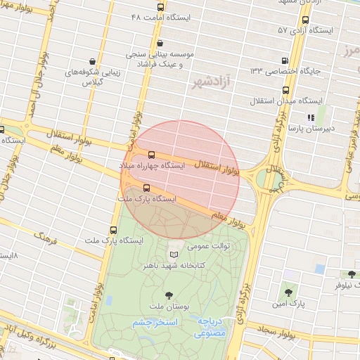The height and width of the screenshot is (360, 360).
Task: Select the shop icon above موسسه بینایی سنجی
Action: click(160, 43)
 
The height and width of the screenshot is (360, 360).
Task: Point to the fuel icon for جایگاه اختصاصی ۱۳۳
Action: click(285, 60)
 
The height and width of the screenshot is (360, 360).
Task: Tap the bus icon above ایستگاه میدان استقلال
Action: click(286, 90)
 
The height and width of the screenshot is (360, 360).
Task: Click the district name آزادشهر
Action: click(214, 82)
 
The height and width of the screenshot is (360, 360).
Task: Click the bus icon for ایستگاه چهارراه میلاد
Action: click(151, 155)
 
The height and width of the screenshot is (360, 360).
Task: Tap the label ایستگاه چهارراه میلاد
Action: click(152, 165)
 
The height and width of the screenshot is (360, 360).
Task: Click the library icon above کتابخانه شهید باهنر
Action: click(174, 255)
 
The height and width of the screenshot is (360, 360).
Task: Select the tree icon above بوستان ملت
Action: click(168, 295)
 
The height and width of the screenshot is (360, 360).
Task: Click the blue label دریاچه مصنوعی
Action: click(212, 326)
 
